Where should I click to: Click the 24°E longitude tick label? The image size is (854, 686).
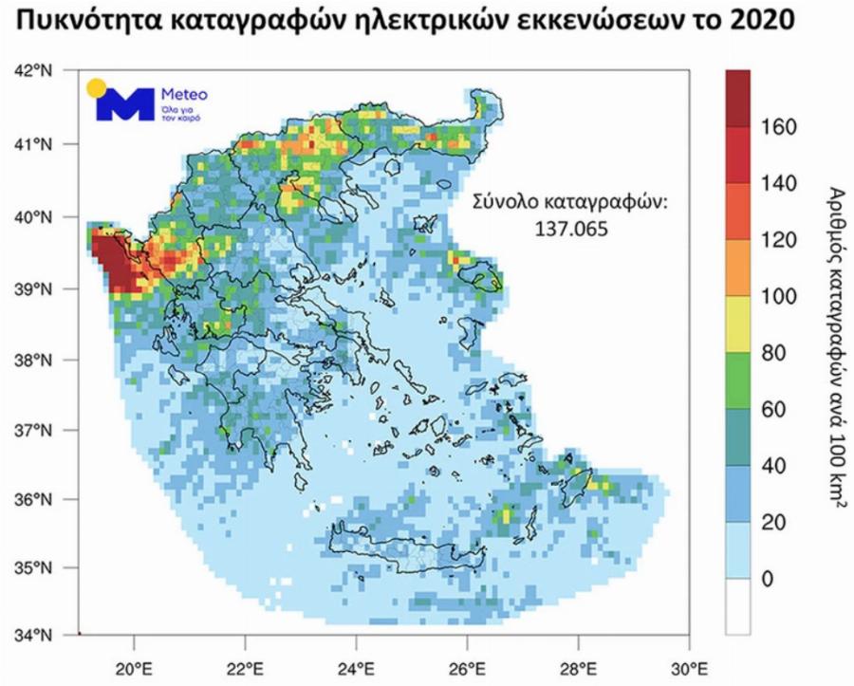[357, 665]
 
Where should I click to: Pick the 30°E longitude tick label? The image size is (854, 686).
[690, 665]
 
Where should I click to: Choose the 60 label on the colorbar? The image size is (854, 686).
[774, 409]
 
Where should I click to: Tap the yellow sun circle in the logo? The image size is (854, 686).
[95, 88]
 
